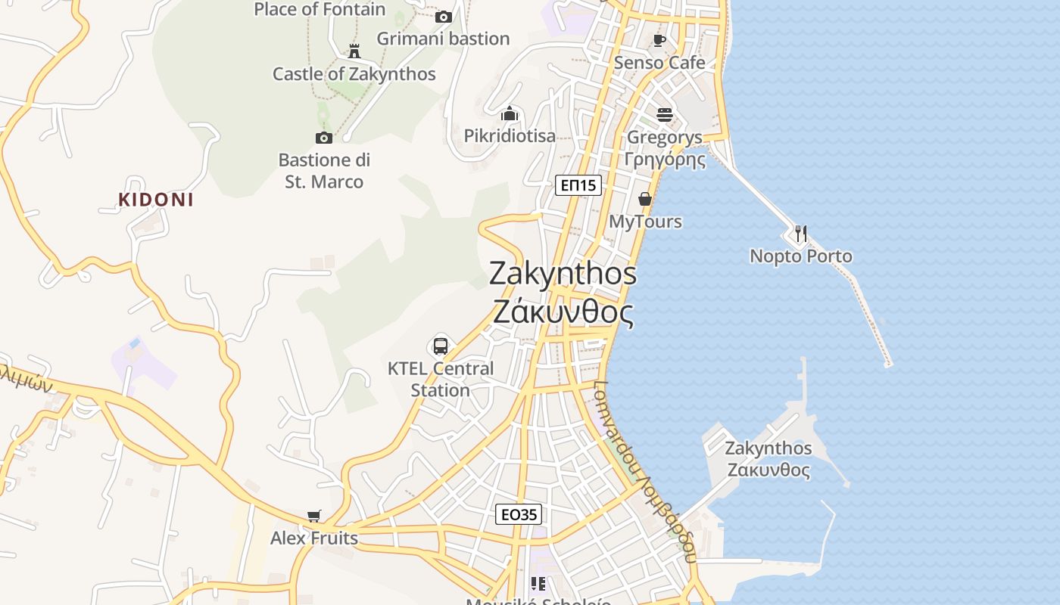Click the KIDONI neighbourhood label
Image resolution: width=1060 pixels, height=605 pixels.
click(156, 200)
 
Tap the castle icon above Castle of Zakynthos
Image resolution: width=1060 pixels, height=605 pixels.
click(354, 51)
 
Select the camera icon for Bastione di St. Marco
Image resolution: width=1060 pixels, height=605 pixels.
click(323, 138)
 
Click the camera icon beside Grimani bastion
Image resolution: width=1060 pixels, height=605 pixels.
click(444, 17)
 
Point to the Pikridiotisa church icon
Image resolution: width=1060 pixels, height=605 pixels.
click(510, 114)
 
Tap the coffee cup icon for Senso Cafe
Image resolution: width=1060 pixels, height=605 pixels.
click(659, 40)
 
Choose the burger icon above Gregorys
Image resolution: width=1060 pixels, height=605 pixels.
click(665, 115)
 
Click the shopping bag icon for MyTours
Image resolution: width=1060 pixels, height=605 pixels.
click(645, 199)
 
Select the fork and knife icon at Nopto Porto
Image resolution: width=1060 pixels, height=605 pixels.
click(801, 233)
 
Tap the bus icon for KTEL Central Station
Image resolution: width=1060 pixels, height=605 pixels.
click(441, 346)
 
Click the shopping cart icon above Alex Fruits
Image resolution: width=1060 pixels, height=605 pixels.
click(314, 516)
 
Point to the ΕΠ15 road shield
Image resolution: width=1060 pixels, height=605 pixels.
click(578, 185)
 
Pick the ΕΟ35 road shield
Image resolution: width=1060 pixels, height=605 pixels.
click(519, 515)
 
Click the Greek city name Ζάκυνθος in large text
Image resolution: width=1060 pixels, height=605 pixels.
click(563, 311)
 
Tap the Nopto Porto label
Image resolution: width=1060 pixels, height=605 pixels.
click(801, 256)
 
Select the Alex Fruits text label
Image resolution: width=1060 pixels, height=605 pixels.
click(314, 538)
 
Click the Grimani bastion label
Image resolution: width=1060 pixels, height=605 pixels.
click(443, 39)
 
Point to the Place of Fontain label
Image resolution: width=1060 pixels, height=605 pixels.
click(320, 10)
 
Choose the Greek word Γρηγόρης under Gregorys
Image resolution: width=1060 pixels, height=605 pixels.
click(665, 160)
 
